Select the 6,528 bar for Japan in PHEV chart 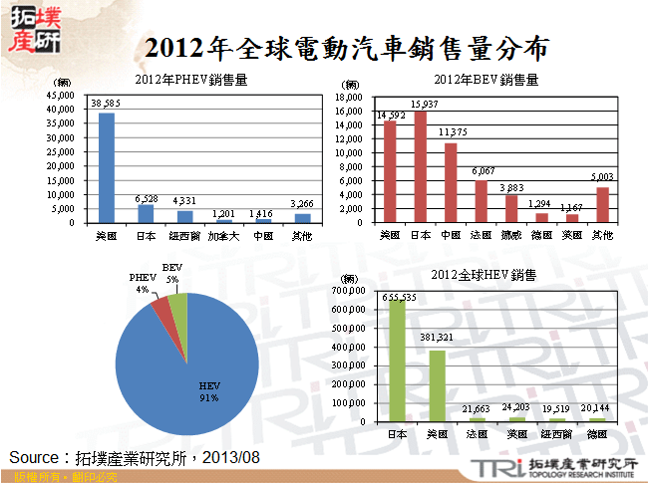pyautogui.click(x=146, y=213)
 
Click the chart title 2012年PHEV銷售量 pyautogui.click(x=190, y=79)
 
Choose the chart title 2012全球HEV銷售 pyautogui.click(x=483, y=274)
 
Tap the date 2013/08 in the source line pyautogui.click(x=230, y=456)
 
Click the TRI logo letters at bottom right pyautogui.click(x=491, y=468)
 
